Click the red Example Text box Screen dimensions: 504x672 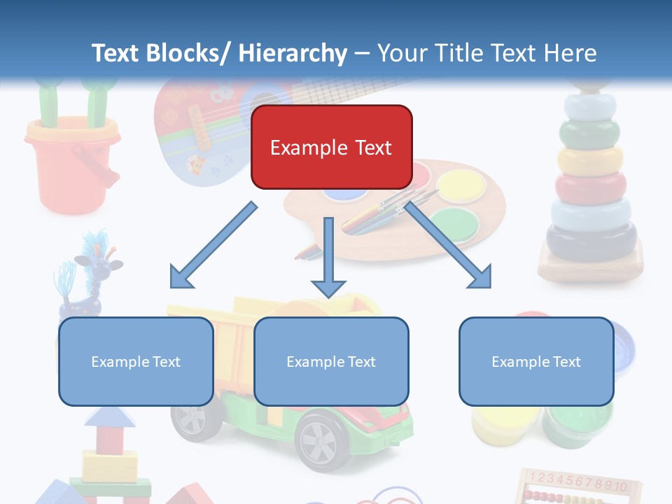(x=331, y=147)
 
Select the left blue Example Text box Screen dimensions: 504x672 (x=136, y=361)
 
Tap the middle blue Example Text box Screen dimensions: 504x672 (x=331, y=361)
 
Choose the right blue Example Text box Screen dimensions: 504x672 (x=536, y=361)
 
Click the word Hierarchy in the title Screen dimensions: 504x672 (x=293, y=53)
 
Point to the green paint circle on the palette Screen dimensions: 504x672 (x=455, y=224)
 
